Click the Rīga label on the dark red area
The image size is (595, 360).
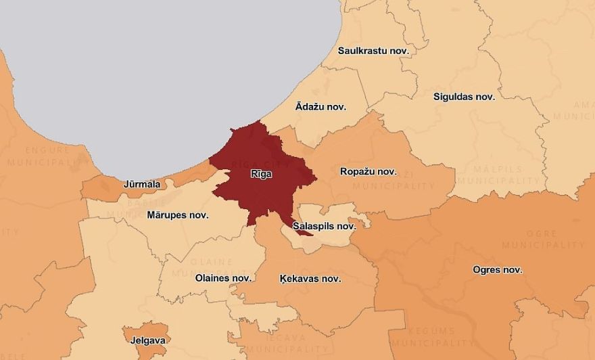coord(261,175)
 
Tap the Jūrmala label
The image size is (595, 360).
coord(142,184)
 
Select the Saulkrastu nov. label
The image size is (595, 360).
coord(373,50)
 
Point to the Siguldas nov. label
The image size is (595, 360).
coord(464,97)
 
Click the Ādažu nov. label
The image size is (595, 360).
coord(320,107)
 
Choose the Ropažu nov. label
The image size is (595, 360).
coord(368,172)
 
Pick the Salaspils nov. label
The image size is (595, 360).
coord(324,226)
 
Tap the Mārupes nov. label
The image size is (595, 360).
coord(177,215)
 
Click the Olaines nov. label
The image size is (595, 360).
coord(223,278)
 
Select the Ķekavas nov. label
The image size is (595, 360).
coord(310,279)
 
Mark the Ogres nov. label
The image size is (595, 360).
coord(497,270)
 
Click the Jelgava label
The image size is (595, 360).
coord(145,340)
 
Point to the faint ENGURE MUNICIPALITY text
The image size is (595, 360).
coord(47,156)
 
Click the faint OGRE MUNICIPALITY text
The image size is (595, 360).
coord(544,239)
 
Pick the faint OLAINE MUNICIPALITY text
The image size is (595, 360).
coord(211,267)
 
